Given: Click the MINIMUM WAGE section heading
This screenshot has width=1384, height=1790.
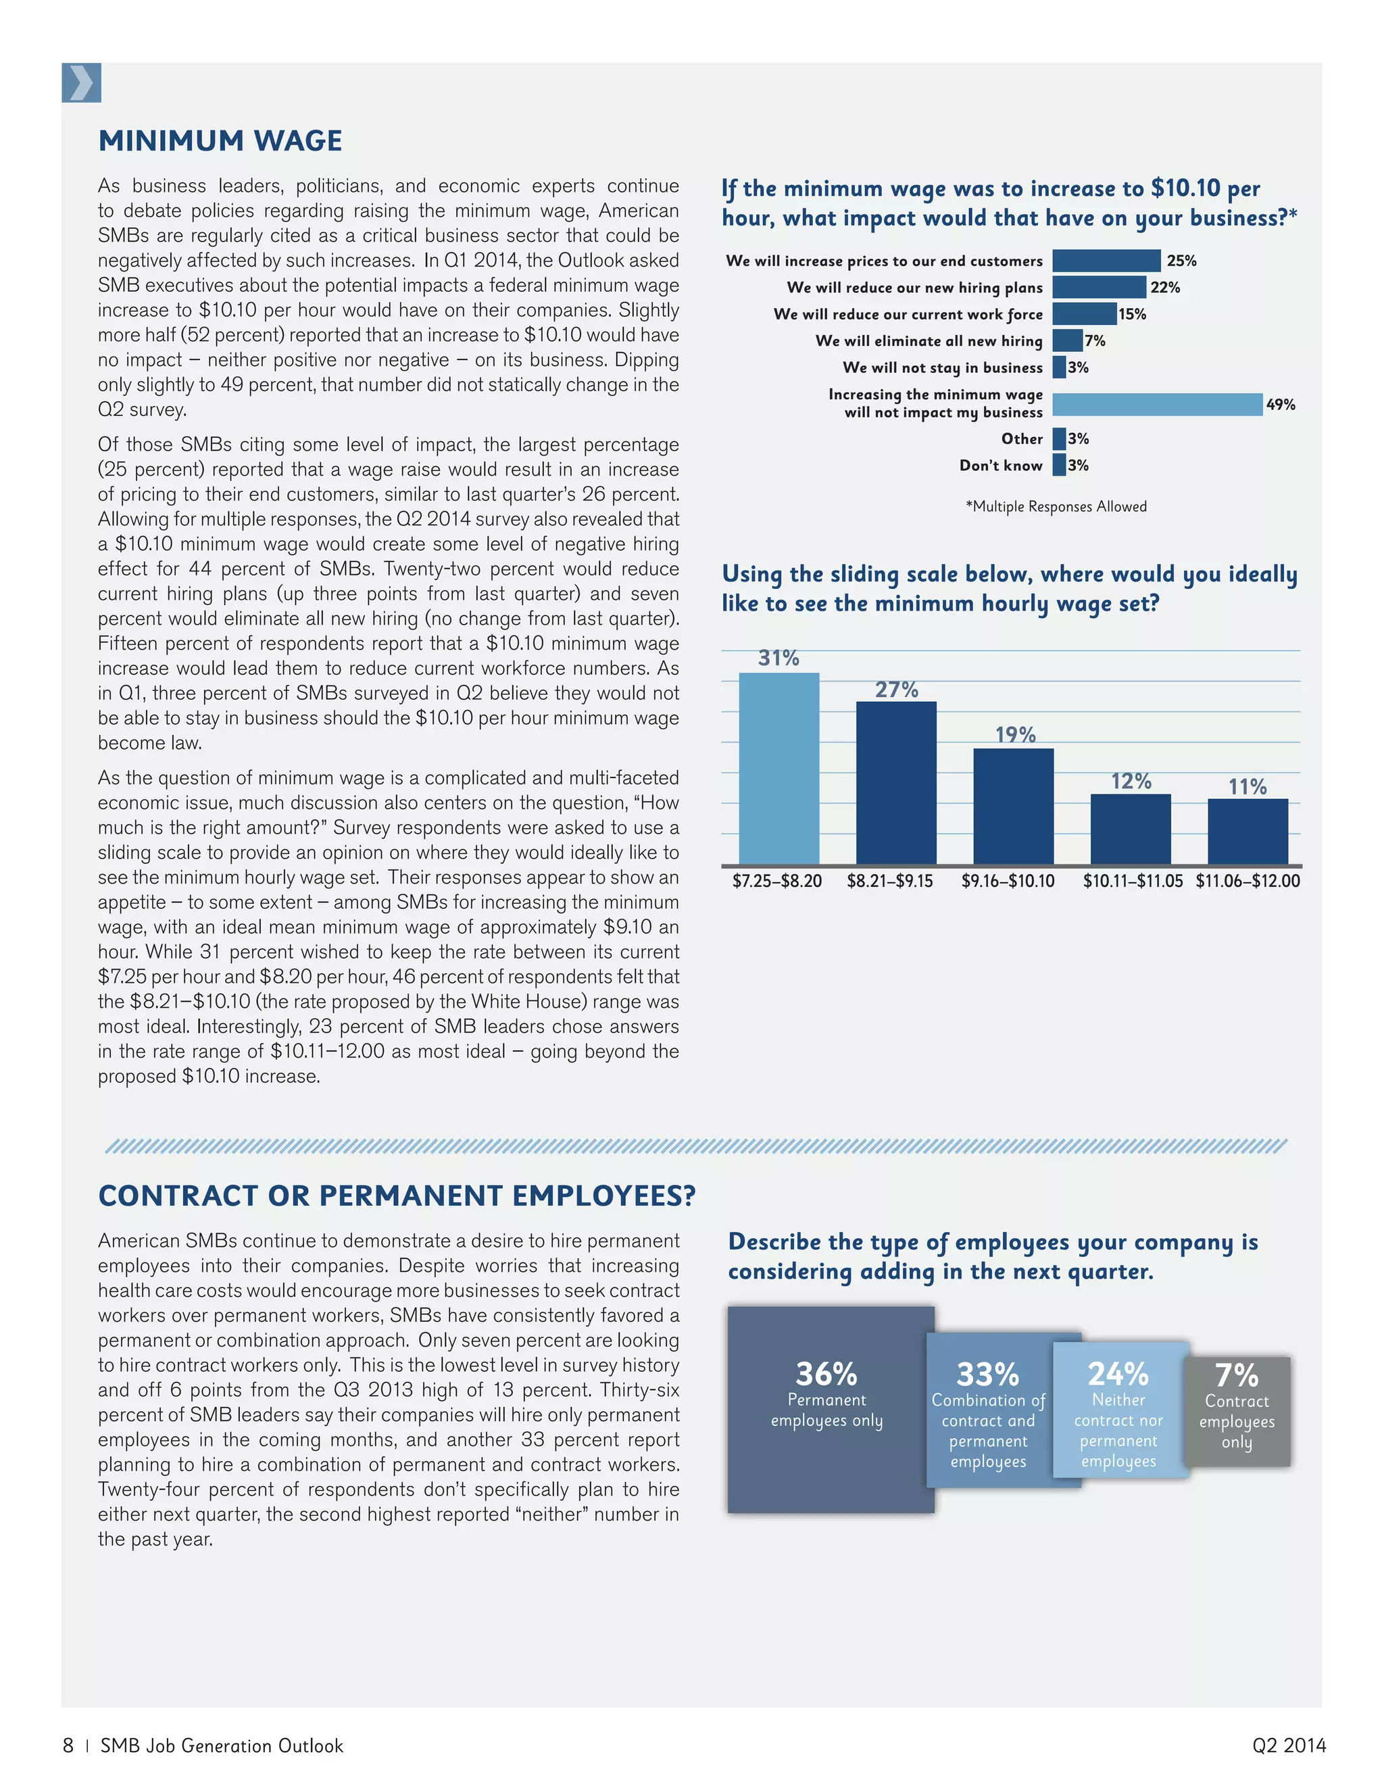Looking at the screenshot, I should [220, 141].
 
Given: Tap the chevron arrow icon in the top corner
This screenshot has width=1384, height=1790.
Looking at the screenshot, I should [81, 83].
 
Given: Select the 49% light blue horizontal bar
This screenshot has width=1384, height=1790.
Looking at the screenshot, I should [1156, 404].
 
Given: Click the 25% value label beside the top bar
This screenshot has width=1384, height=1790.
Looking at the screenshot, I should [1181, 261].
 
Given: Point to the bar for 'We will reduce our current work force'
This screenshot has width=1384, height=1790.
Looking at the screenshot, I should [1084, 314].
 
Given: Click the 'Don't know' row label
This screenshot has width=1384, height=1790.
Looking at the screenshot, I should [1000, 465].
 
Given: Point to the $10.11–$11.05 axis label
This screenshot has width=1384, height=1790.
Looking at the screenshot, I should [1133, 881].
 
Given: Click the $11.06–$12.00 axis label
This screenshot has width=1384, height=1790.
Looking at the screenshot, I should [1247, 881].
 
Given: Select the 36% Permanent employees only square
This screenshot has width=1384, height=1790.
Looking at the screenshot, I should [830, 1408].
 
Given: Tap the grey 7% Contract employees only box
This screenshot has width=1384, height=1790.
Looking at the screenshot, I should [1237, 1410].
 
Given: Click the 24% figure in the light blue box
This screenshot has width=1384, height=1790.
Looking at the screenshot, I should [1118, 1375].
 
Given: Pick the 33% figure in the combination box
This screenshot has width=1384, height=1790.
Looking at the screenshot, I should [987, 1375].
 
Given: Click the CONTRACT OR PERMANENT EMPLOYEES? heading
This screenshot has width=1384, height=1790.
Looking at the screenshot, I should [396, 1196].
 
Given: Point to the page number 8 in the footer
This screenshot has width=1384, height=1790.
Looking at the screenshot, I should [68, 1745].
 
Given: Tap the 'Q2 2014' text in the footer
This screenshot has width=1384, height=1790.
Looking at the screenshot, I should [1288, 1745].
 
